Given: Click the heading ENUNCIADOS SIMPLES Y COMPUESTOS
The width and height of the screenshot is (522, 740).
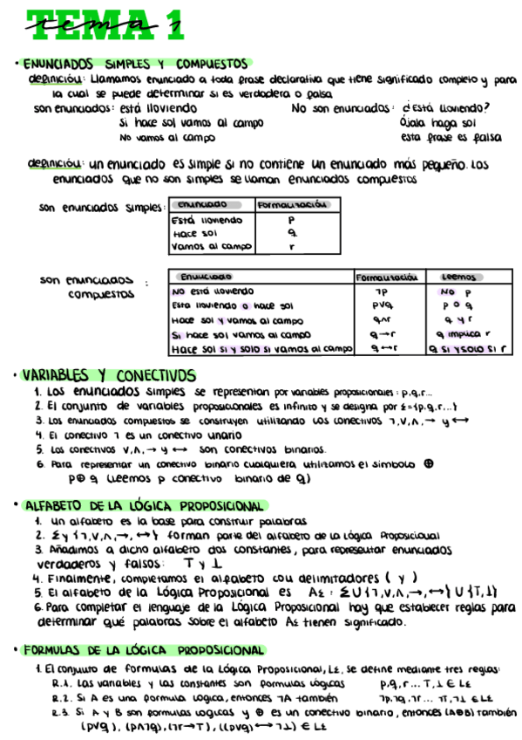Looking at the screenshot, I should pyautogui.click(x=135, y=64).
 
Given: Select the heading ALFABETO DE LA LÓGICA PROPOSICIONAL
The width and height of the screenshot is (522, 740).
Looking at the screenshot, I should pyautogui.click(x=144, y=506).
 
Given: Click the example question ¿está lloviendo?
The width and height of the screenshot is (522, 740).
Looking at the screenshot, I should pyautogui.click(x=445, y=108).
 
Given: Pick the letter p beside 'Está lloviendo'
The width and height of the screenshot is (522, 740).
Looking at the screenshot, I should pyautogui.click(x=292, y=221).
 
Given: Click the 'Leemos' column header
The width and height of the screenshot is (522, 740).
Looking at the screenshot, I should pyautogui.click(x=458, y=277).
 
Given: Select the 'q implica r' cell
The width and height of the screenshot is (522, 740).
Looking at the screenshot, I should pyautogui.click(x=463, y=334).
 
